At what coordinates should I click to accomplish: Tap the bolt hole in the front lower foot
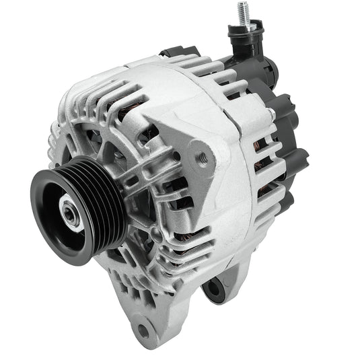[x=143, y=330]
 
